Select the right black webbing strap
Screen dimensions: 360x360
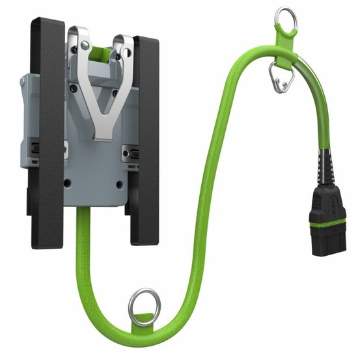point(145,130)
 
